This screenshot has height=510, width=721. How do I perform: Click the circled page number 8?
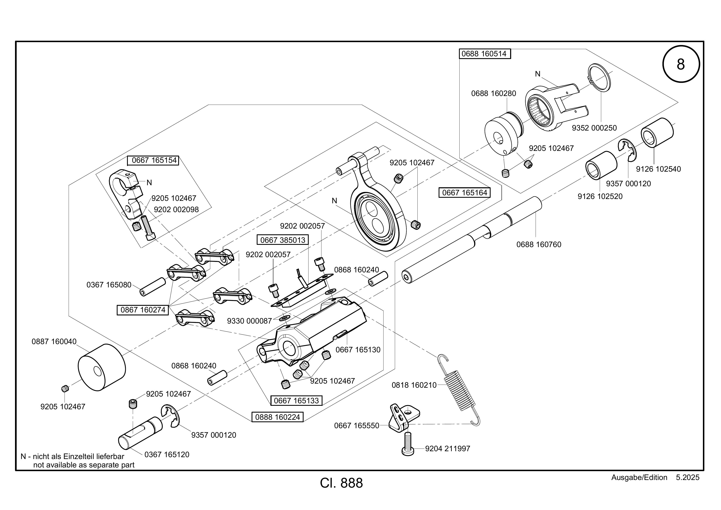(681, 64)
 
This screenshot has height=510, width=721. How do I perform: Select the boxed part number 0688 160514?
(485, 54)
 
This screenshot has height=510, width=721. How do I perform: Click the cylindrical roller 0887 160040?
(102, 367)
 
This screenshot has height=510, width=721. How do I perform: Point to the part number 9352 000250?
(594, 128)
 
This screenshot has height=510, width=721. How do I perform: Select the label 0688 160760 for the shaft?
(539, 244)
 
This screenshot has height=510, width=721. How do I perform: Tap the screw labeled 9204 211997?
(408, 444)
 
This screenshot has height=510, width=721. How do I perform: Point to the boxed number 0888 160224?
(278, 417)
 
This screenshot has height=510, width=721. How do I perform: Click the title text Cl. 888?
(341, 483)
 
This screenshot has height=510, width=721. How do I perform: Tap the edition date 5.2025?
(688, 477)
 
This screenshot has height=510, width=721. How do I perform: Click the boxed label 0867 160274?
(143, 310)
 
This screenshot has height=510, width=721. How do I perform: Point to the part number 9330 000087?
(249, 321)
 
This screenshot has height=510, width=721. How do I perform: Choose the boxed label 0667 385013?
(283, 240)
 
